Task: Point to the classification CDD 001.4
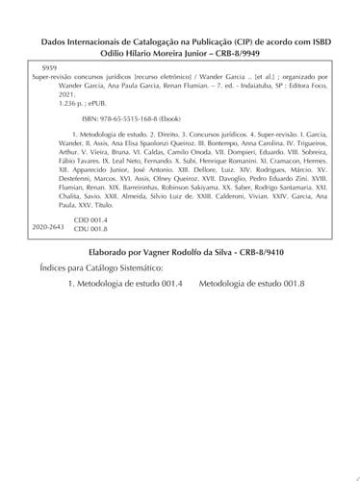pos(89,246)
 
